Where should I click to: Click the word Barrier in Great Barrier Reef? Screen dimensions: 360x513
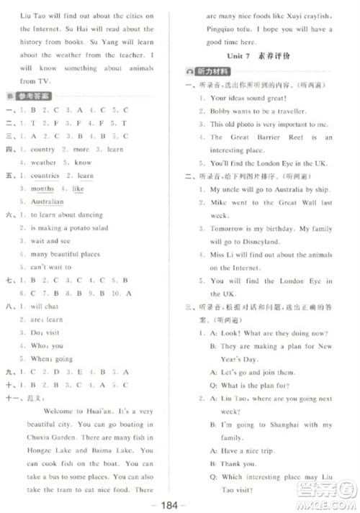(x=264, y=137)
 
